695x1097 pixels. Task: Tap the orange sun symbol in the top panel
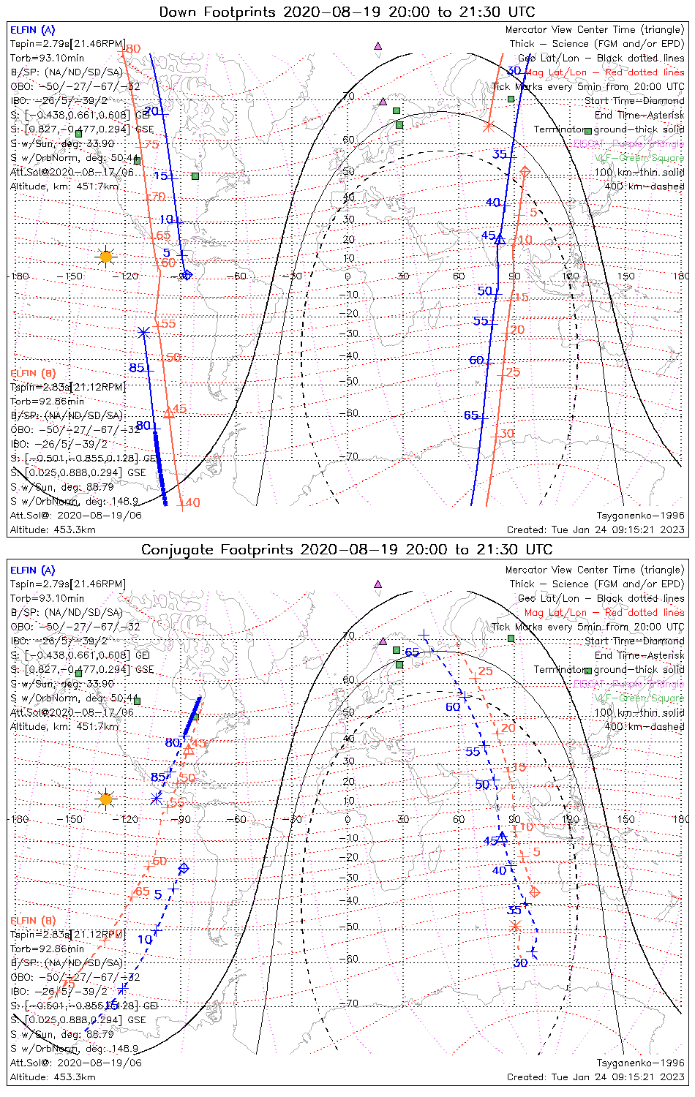coord(106,256)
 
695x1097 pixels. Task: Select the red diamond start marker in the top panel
coord(525,171)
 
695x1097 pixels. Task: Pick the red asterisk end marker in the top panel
coord(488,126)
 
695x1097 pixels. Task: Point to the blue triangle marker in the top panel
coord(500,238)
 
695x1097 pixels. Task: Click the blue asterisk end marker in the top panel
coord(143,332)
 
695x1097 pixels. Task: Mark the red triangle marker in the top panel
coord(169,412)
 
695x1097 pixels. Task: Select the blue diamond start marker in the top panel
coord(187,275)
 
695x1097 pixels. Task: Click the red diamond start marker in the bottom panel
coord(535,891)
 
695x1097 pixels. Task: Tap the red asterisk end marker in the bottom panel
coord(515,927)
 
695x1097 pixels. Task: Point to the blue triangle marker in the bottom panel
coord(502,837)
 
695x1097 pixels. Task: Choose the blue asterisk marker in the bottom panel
coord(156,798)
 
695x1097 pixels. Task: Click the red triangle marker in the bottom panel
coord(188,750)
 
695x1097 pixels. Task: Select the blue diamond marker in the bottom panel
coord(184,868)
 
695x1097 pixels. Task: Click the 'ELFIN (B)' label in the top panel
coord(32,373)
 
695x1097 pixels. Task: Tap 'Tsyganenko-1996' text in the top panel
coord(640,515)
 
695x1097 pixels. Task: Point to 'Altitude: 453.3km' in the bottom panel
coord(53,1077)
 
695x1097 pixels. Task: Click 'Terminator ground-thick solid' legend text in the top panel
coord(609,129)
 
